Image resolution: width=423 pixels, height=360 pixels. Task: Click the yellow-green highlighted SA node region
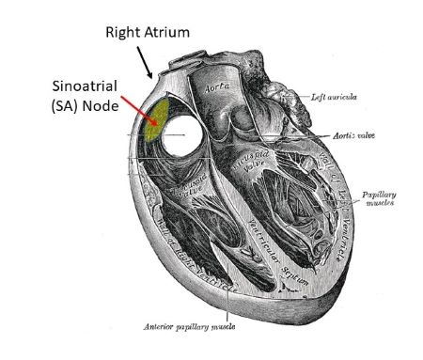click(161, 117)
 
